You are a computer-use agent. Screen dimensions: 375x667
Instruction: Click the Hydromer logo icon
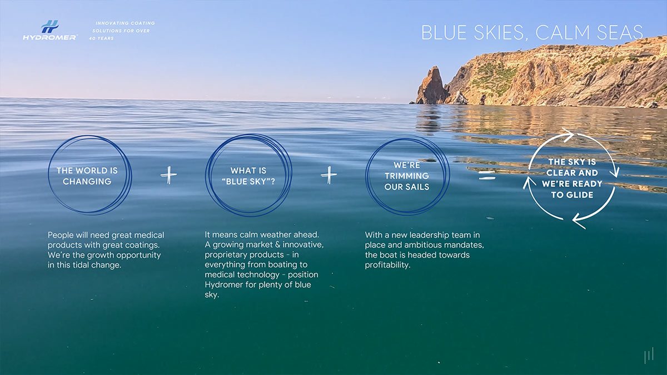pyautogui.click(x=49, y=26)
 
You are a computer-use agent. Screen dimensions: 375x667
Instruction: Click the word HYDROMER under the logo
pyautogui.click(x=49, y=37)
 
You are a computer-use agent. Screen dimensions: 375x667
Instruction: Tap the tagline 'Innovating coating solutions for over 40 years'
pyautogui.click(x=122, y=31)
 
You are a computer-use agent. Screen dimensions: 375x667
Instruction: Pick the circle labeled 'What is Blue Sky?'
pyautogui.click(x=248, y=176)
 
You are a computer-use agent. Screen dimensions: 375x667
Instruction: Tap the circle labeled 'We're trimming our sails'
pyautogui.click(x=407, y=176)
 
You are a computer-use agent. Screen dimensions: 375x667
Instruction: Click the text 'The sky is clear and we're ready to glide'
pyautogui.click(x=572, y=178)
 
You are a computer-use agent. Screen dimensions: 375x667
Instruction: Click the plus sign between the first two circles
pyautogui.click(x=168, y=176)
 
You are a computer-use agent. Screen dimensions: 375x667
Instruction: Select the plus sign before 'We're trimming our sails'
pyautogui.click(x=328, y=176)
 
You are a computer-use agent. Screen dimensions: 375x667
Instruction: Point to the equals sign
pyautogui.click(x=487, y=176)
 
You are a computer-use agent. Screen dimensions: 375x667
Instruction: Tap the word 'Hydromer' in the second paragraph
pyautogui.click(x=226, y=285)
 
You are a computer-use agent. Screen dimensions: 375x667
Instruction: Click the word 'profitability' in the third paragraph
pyautogui.click(x=387, y=265)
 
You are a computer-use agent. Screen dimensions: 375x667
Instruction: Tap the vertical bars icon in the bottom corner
pyautogui.click(x=648, y=356)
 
